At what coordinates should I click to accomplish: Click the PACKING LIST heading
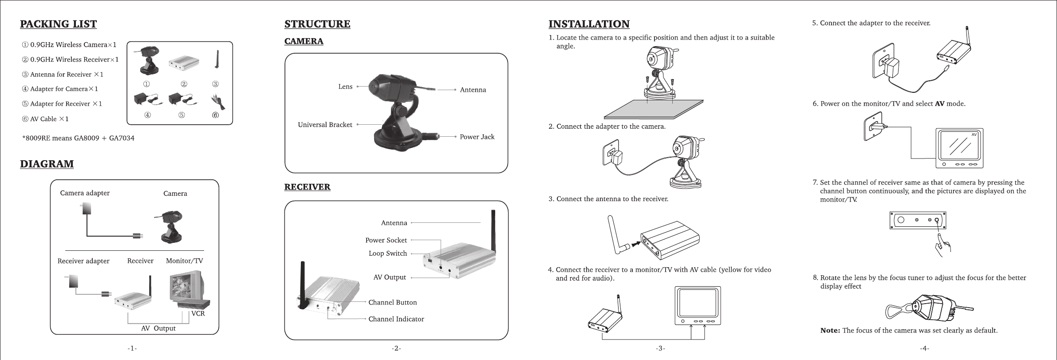[58, 24]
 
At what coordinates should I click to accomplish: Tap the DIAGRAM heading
[47, 164]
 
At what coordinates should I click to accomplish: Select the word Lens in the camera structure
[345, 87]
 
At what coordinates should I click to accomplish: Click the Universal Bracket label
[325, 125]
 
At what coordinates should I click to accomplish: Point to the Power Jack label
[477, 137]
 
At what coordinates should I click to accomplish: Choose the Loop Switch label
[387, 253]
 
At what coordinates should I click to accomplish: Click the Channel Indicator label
[396, 319]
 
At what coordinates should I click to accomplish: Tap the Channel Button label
[393, 303]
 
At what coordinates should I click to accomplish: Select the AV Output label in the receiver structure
[390, 277]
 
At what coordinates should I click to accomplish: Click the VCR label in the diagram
[198, 313]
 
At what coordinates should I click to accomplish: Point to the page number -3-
[660, 348]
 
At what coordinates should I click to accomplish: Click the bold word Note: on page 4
[830, 331]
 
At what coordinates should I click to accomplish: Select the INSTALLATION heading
[589, 24]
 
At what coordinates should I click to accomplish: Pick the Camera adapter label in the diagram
[85, 193]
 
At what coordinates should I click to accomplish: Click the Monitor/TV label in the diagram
[184, 261]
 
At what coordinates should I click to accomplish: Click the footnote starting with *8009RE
[78, 138]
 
